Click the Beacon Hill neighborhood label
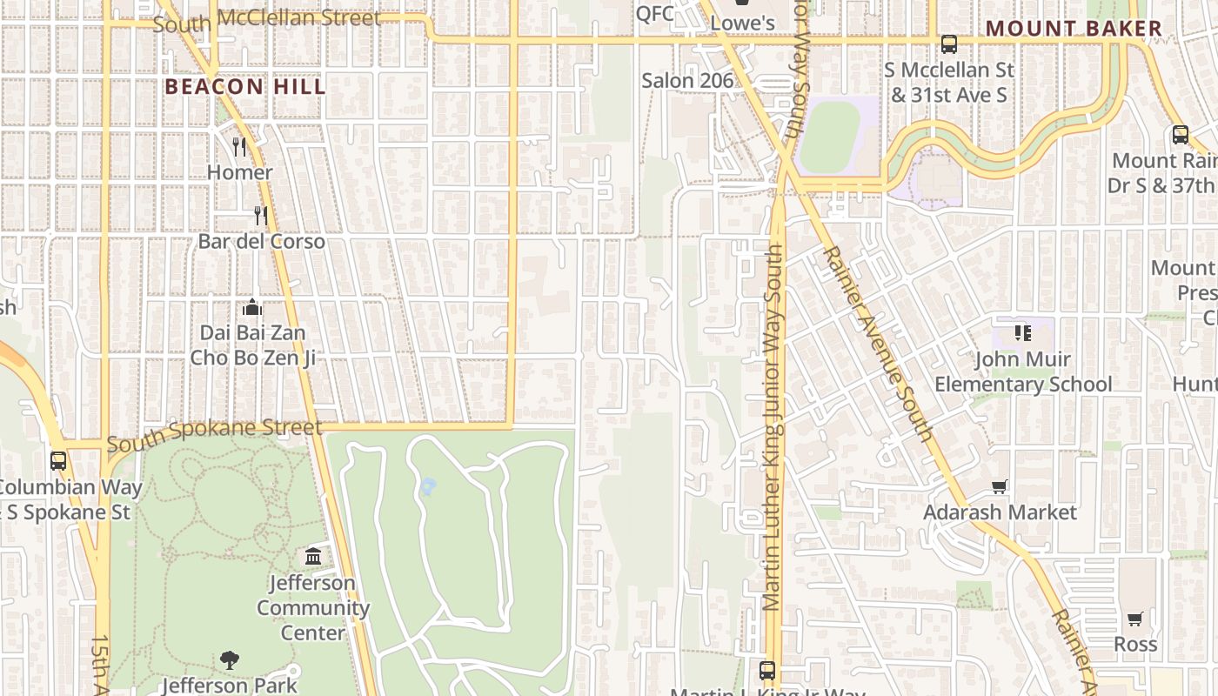click(x=244, y=87)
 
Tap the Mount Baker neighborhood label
click(x=1074, y=29)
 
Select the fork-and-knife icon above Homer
click(x=239, y=146)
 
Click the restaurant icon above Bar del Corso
click(x=259, y=215)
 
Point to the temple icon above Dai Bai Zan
click(x=252, y=306)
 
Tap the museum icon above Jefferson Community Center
click(x=313, y=556)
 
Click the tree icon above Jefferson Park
click(x=230, y=660)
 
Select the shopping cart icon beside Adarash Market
click(x=1000, y=487)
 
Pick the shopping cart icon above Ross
click(x=1134, y=619)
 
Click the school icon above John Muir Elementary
click(x=1022, y=332)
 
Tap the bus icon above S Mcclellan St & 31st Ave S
click(x=948, y=43)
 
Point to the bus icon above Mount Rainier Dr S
click(x=1180, y=135)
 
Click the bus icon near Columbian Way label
click(x=58, y=461)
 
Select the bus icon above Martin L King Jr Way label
click(x=766, y=670)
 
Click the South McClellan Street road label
click(x=266, y=20)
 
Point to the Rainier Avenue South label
click(x=877, y=343)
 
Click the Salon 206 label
click(x=687, y=81)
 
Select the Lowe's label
click(x=742, y=23)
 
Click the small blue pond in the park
click(x=427, y=486)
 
